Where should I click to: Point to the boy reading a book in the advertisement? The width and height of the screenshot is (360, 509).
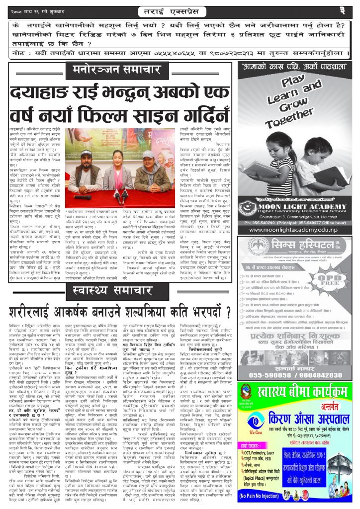click(x=323, y=171)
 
